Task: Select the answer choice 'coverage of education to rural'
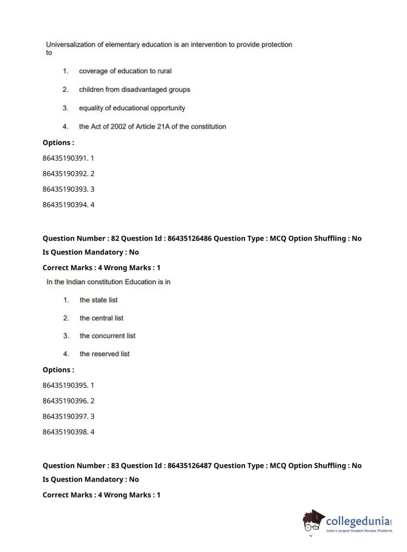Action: tap(125, 71)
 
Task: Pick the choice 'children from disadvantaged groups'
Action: tap(134, 90)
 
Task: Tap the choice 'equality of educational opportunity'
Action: tap(132, 108)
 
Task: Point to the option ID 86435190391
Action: tap(65, 158)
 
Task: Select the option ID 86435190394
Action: tap(65, 205)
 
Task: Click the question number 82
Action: tap(115, 239)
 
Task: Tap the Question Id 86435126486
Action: tap(189, 239)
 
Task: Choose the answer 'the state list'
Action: tap(98, 300)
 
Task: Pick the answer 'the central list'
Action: tap(101, 318)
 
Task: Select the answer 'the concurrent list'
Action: tap(107, 336)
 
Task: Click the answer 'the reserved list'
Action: tap(104, 354)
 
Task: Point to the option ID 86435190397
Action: tap(65, 416)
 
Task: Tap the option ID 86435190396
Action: tap(65, 401)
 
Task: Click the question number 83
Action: tap(115, 466)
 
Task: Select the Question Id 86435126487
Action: tap(189, 466)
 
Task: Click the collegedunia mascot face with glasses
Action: tap(312, 521)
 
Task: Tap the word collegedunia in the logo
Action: tap(357, 521)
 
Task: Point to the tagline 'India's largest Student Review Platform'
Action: tap(359, 531)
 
